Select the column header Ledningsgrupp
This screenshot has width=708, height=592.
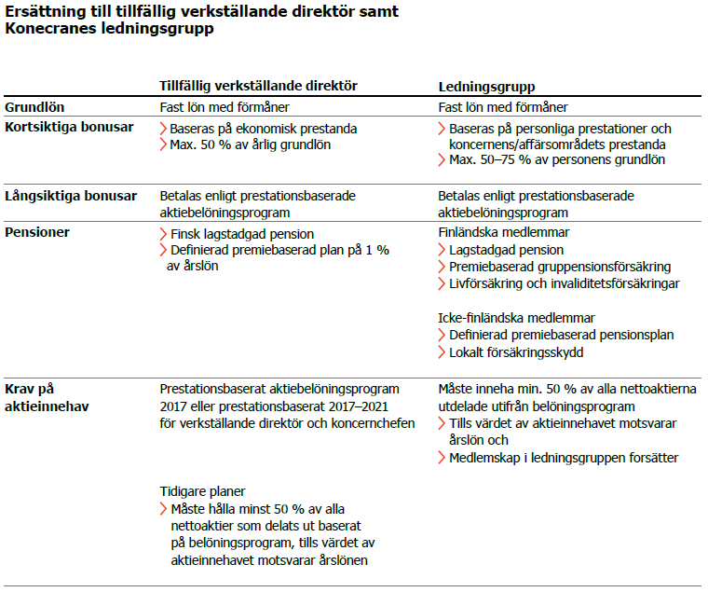(486, 86)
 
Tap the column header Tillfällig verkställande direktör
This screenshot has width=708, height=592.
(259, 86)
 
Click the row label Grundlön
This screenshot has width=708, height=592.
(34, 107)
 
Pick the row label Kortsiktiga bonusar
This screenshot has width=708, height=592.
(69, 126)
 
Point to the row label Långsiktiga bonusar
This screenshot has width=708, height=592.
(71, 196)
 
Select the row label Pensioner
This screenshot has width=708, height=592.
(38, 232)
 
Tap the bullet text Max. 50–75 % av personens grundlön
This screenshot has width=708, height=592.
(557, 159)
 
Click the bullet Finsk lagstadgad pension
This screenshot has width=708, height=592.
(242, 234)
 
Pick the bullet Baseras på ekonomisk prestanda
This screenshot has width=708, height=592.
(264, 129)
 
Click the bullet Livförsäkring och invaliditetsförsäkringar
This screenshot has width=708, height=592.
(564, 283)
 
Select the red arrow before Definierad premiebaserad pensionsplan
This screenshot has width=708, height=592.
(442, 335)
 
